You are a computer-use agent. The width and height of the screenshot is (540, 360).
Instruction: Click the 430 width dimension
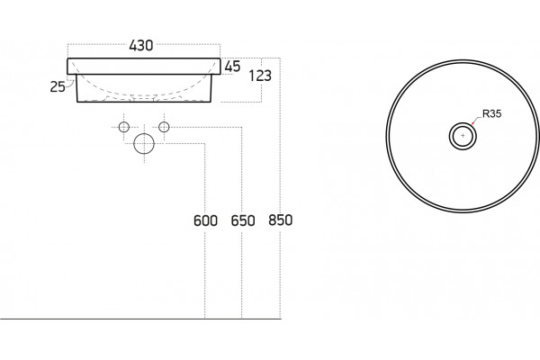141,45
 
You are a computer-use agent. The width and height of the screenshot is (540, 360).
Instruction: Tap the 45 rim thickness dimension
232,67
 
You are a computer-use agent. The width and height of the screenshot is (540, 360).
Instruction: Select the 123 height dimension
260,76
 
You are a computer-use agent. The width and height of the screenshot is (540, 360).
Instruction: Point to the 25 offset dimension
58,86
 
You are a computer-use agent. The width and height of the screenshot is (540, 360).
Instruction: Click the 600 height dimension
205,220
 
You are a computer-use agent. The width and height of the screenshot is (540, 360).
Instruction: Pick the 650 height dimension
243,220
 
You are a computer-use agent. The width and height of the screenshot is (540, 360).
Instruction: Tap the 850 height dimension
280,220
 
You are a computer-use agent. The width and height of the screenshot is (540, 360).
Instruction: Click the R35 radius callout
491,113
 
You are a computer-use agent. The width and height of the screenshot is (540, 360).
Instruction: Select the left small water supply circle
124,127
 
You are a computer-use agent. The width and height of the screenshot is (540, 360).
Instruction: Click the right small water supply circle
164,127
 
